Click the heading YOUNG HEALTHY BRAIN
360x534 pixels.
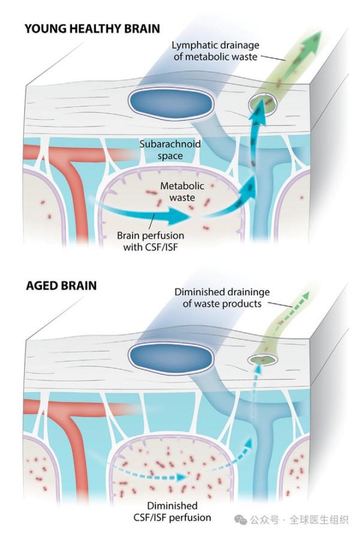click(92, 29)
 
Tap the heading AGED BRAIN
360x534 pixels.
click(61, 286)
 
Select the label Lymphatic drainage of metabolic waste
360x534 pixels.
click(215, 51)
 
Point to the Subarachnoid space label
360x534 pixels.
click(170, 150)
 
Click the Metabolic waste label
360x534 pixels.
click(182, 192)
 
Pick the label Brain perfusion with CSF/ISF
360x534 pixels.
click(151, 241)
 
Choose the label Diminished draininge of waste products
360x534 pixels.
click(222, 298)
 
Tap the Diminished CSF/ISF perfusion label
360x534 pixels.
click(172, 512)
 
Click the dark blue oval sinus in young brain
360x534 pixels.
click(170, 103)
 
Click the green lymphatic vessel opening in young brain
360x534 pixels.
click(263, 104)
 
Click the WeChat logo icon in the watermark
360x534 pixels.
click(241, 520)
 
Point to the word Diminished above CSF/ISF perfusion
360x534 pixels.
click(172, 505)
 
